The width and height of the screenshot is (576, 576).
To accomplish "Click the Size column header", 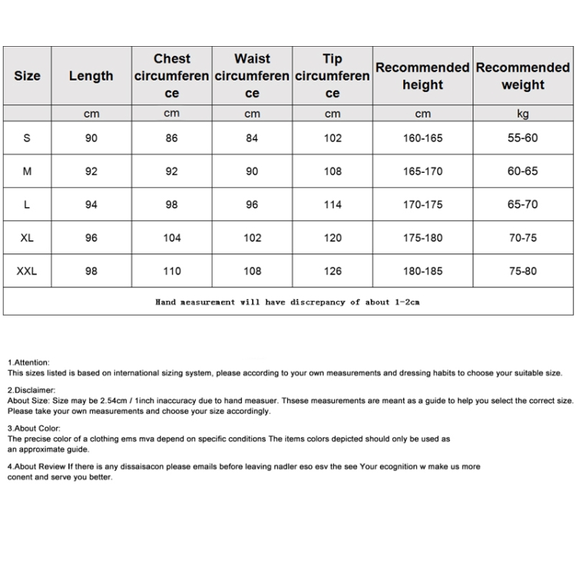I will pyautogui.click(x=27, y=76).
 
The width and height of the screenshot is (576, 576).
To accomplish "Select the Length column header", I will pyautogui.click(x=91, y=76).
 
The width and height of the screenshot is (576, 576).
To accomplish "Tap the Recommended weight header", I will pyautogui.click(x=522, y=76).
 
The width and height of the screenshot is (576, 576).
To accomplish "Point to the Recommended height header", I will pyautogui.click(x=422, y=76).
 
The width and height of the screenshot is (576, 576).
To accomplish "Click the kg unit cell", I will pyautogui.click(x=522, y=114).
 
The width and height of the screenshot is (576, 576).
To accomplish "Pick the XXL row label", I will pyautogui.click(x=27, y=270).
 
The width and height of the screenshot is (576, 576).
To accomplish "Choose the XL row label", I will pyautogui.click(x=27, y=237).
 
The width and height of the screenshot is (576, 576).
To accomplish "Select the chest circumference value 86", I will pyautogui.click(x=172, y=138).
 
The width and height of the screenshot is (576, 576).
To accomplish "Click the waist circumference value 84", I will pyautogui.click(x=252, y=138).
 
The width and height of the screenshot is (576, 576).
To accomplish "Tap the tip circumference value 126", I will pyautogui.click(x=333, y=270).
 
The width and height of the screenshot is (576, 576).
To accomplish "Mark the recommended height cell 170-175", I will pyautogui.click(x=422, y=204).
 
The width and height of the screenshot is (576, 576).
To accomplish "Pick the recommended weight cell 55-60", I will pyautogui.click(x=522, y=138).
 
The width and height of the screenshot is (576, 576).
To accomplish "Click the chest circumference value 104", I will pyautogui.click(x=172, y=237).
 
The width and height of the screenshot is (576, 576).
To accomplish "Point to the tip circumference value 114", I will pyautogui.click(x=333, y=204).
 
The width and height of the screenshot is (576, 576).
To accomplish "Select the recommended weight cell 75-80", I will pyautogui.click(x=522, y=270).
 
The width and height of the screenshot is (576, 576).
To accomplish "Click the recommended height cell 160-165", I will pyautogui.click(x=422, y=138).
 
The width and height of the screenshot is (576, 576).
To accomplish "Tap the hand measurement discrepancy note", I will pyautogui.click(x=287, y=302).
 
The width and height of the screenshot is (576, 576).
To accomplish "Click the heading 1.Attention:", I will pyautogui.click(x=28, y=362).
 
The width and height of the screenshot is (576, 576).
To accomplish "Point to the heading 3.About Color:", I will pyautogui.click(x=34, y=429).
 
